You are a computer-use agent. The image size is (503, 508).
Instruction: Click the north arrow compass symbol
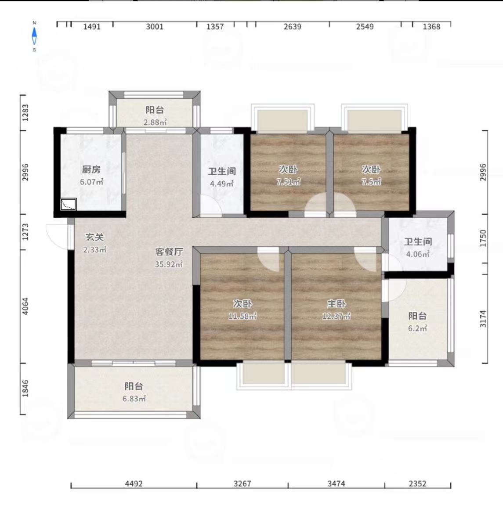click(34, 36)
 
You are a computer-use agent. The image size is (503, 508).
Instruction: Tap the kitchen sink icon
click(69, 204)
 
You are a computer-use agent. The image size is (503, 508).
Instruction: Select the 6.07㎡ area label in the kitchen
click(92, 182)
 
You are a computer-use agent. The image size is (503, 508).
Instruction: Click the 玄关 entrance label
click(94, 237)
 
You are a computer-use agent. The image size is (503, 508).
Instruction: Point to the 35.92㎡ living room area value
click(169, 264)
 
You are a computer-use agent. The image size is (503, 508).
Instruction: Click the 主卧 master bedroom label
click(337, 303)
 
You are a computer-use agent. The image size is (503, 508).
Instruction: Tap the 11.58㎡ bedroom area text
click(242, 316)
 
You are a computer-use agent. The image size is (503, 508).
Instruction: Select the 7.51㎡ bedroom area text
click(289, 182)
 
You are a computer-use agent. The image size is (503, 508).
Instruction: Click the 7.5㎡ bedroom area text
click(371, 182)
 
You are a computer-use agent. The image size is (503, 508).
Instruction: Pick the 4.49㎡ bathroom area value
click(222, 184)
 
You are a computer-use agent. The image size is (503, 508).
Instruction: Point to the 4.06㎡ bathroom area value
click(418, 254)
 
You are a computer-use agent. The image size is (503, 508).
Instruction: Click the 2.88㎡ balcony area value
click(155, 122)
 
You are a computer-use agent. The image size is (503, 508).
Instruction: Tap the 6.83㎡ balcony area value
click(134, 399)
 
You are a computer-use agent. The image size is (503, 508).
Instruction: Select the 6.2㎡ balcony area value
click(417, 328)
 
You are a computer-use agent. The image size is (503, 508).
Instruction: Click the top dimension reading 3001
click(155, 27)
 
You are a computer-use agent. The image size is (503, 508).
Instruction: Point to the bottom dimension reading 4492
click(134, 484)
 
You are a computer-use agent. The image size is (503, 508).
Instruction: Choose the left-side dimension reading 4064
click(25, 306)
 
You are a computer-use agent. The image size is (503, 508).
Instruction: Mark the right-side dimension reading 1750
click(483, 238)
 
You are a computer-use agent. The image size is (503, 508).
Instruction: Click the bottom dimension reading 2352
click(417, 484)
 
